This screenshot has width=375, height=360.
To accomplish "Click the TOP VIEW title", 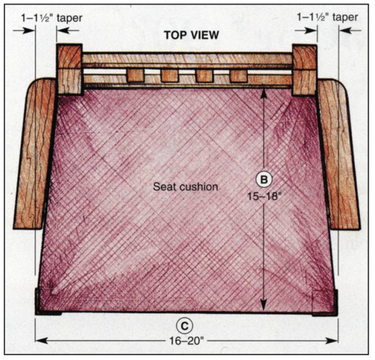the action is [191, 35].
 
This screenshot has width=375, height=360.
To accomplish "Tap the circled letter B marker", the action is [264, 180].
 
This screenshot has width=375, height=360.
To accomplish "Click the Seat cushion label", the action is [186, 186].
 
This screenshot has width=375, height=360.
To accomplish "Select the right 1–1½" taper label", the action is [327, 17].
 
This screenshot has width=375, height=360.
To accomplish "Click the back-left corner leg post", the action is [69, 69].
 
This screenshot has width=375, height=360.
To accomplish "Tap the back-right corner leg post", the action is [304, 69].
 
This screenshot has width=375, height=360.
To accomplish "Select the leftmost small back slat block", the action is [135, 76].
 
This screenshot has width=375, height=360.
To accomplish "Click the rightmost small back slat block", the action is [238, 76].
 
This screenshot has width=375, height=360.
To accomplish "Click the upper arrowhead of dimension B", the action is [264, 92].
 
